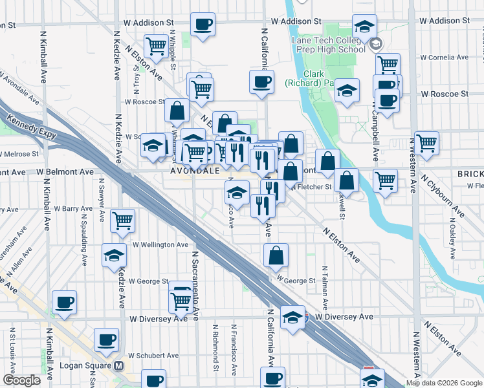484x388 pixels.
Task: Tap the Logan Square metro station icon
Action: click(x=118, y=365)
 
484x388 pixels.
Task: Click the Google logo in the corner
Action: click(x=21, y=380)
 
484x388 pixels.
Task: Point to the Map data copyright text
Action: click(x=444, y=383)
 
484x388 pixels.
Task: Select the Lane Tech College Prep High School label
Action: click(x=328, y=45)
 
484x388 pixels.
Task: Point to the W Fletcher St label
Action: click(x=311, y=188)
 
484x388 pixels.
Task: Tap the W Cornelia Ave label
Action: click(x=444, y=58)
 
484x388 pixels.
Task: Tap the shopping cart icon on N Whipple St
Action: click(x=156, y=45)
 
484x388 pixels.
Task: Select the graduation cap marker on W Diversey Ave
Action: click(x=292, y=318)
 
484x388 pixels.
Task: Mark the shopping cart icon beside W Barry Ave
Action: click(x=122, y=221)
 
